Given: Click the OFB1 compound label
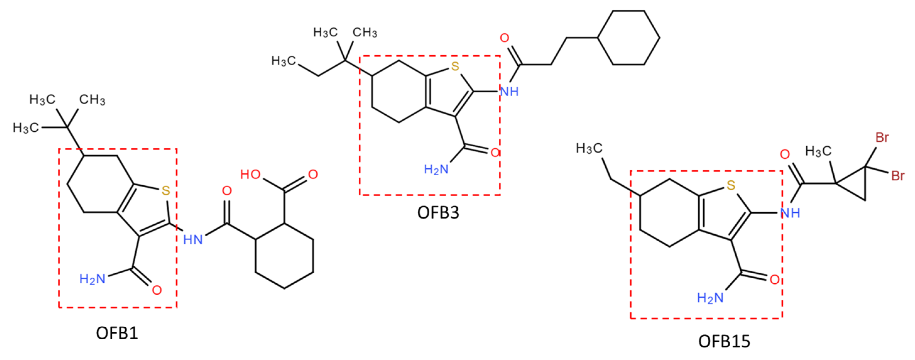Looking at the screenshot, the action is point(117,333).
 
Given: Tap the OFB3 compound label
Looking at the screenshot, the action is point(438,213).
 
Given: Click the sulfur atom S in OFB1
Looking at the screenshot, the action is point(166,191).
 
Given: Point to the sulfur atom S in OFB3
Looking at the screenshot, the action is point(455,66).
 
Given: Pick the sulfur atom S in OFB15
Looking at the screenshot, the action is point(731,185).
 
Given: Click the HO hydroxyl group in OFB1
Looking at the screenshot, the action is point(250,174).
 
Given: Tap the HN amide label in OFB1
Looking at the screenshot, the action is point(193,239).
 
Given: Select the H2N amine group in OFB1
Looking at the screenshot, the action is point(92,279).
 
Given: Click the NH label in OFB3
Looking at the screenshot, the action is point(509,92).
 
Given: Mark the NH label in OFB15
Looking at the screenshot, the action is point(790,213).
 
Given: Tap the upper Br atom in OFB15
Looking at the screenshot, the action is point(882,137).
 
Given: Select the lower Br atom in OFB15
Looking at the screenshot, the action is point(898,176).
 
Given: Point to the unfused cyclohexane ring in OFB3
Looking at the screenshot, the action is point(629,38).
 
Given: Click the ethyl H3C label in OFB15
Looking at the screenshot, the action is point(589,148).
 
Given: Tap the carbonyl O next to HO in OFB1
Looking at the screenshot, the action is point(313,174).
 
